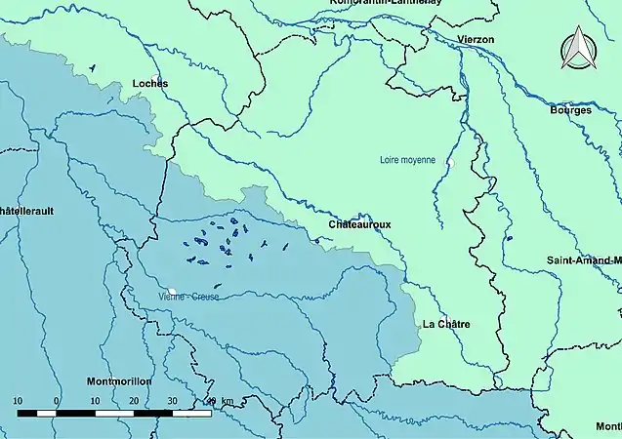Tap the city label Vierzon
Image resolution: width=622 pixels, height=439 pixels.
(476, 39)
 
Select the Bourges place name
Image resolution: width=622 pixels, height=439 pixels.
(570, 110)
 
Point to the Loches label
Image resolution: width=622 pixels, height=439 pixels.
(149, 84)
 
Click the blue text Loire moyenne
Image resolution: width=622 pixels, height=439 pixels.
(407, 160)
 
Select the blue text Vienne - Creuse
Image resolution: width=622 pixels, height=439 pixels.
(187, 298)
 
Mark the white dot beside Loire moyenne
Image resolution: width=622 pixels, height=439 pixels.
(451, 162)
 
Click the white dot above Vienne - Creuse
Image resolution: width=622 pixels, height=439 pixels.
(171, 290)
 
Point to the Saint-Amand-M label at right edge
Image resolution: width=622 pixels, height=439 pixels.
(583, 260)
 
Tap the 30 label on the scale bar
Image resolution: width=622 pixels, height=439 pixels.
(172, 401)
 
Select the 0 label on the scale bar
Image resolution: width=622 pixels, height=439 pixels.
(57, 401)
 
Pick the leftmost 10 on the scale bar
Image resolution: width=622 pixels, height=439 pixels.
(18, 401)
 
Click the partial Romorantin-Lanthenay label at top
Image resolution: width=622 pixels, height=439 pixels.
(386, 4)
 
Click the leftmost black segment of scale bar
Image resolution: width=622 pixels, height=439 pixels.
(27, 413)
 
